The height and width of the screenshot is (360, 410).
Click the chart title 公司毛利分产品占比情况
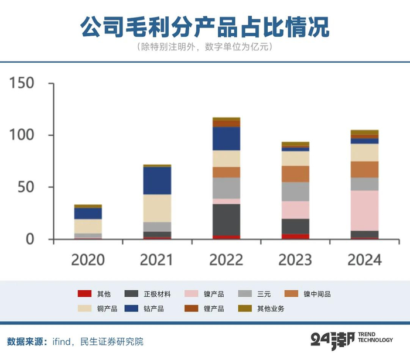pyautogui.click(x=205, y=26)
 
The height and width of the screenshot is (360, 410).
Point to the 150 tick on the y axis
pyautogui.click(x=23, y=83)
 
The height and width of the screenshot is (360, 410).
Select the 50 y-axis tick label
pyautogui.click(x=29, y=187)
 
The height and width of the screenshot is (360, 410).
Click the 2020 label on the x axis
pyautogui.click(x=88, y=259)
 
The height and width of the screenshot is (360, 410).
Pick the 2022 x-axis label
pyautogui.click(x=226, y=259)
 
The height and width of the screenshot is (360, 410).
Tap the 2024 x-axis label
pyautogui.click(x=364, y=259)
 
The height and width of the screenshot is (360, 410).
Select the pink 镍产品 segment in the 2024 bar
pyautogui.click(x=364, y=210)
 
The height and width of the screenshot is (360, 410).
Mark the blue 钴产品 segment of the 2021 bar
pyautogui.click(x=157, y=181)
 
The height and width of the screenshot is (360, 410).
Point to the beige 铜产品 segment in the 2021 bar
pyautogui.click(x=157, y=208)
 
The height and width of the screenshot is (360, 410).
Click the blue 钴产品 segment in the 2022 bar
pyautogui.click(x=226, y=139)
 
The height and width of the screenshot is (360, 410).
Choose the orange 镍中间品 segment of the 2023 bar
pyautogui.click(x=295, y=174)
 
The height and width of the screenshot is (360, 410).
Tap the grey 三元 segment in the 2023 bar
pyautogui.click(x=295, y=191)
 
